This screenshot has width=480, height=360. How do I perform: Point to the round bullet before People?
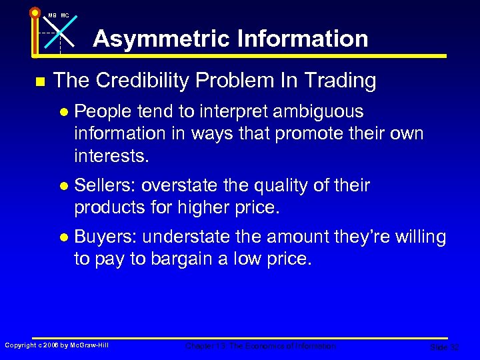tap(65, 111)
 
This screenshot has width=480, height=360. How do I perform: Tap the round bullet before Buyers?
tap(65, 237)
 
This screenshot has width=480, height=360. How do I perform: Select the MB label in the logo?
tap(52, 15)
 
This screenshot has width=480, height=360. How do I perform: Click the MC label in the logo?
tap(65, 15)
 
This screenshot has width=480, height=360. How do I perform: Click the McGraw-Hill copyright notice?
tap(57, 345)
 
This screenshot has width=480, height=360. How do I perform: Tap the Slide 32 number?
tap(445, 347)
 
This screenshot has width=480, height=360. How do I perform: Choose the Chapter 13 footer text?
tap(261, 346)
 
